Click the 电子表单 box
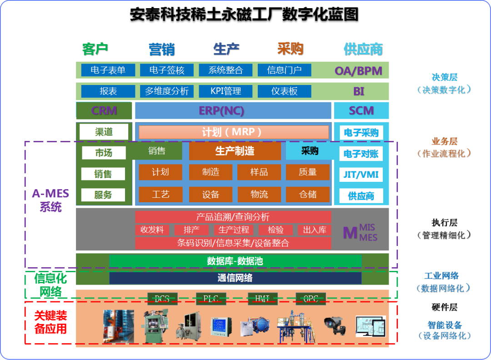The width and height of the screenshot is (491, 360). coord(108,70)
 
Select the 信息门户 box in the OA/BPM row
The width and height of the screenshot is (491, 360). coord(284,70)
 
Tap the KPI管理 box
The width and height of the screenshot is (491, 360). coord(225,91)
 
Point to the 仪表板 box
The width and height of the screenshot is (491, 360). coord(284,91)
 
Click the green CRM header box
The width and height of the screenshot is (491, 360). coord(104,110)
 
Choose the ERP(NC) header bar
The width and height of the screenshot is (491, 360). coord(233,110)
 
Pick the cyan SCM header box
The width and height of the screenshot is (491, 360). coord(361,110)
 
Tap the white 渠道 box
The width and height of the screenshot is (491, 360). coord(104,132)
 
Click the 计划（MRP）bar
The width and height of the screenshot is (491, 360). coord(233,132)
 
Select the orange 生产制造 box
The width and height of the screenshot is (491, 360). coord(235,151)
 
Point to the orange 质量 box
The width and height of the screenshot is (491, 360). coord(308,172)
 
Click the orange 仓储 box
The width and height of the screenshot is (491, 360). coord(308,195)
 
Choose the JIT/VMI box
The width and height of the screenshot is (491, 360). coord(361,175)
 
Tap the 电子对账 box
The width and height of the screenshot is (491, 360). coord(361,154)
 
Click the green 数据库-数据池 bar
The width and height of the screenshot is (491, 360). coord(235,261)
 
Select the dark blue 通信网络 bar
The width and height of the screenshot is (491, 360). coord(235,278)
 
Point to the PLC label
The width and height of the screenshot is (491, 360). coord(211,299)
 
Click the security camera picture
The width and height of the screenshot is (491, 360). coord(335,324)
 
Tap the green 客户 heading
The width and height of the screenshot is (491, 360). coord(95,49)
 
